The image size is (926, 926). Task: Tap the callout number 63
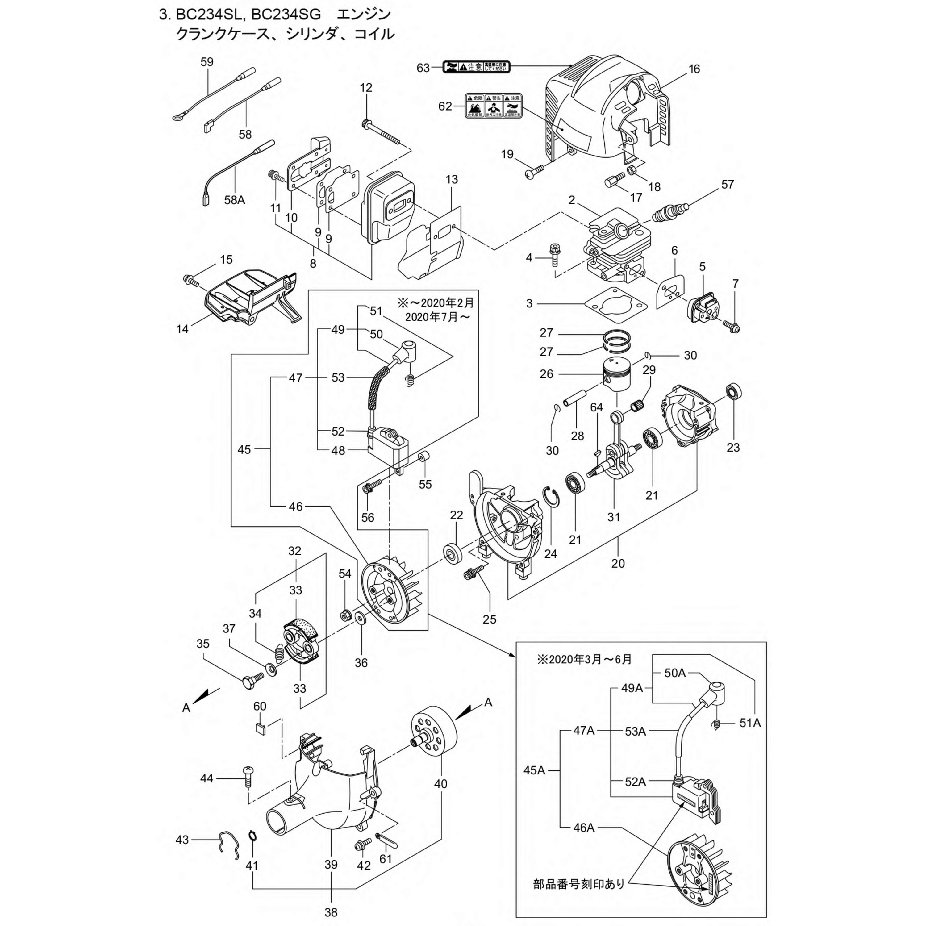(x=423, y=68)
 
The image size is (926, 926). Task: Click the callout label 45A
(x=534, y=757)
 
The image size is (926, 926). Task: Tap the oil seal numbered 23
(x=734, y=392)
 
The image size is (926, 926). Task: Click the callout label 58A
(x=234, y=200)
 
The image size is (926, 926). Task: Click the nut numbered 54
(x=344, y=615)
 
